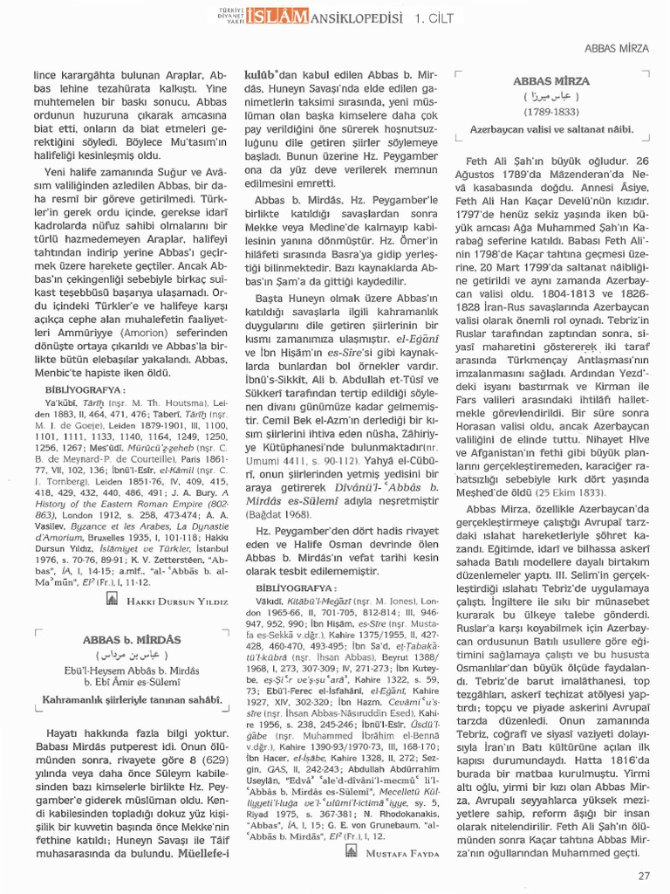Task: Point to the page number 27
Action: click(x=644, y=875)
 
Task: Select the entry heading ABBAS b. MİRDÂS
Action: click(x=131, y=640)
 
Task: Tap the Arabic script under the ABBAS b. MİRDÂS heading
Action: click(x=131, y=656)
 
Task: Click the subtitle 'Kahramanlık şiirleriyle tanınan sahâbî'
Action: click(x=131, y=698)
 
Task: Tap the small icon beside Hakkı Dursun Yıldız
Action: click(x=111, y=600)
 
